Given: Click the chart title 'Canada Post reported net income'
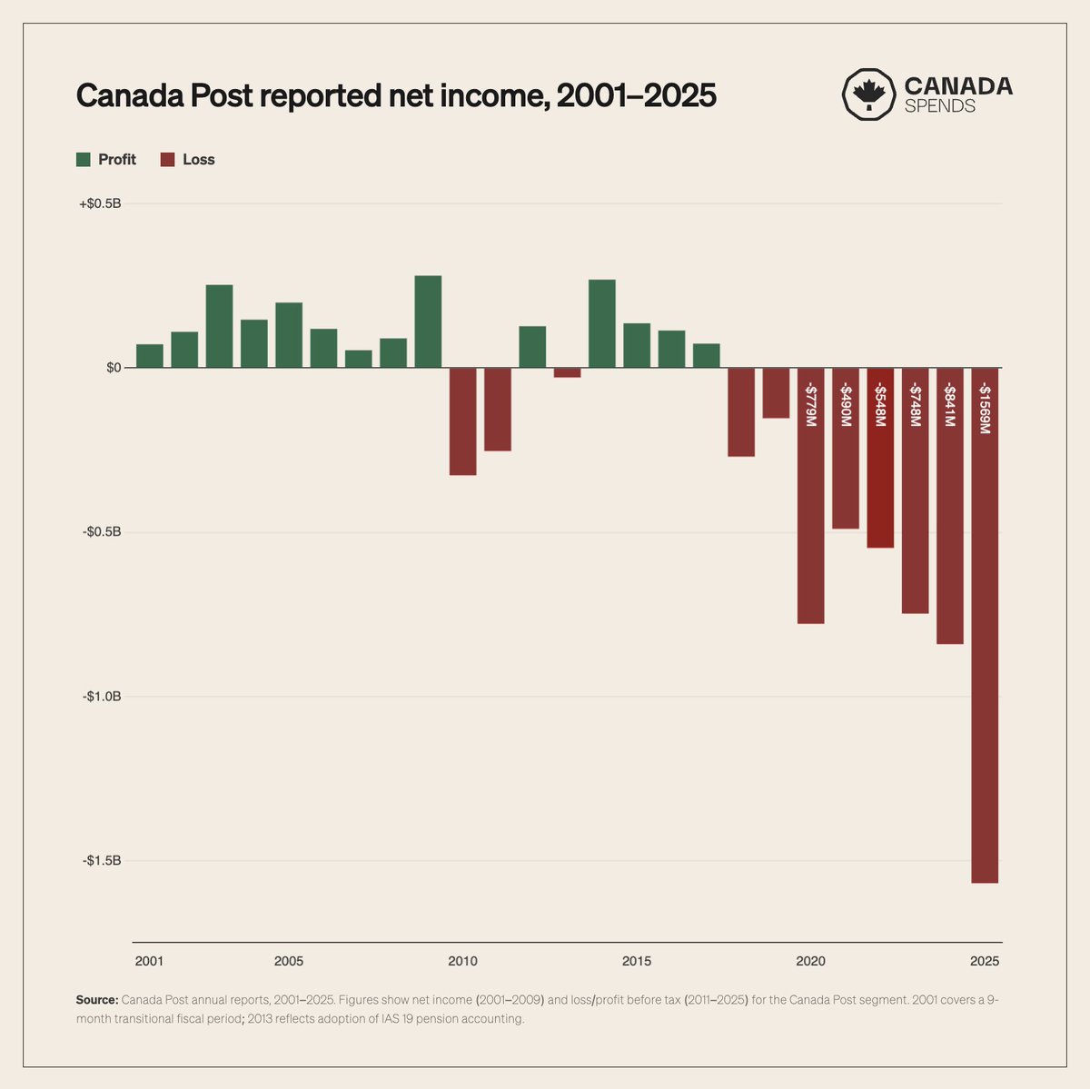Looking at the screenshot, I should click(x=396, y=95).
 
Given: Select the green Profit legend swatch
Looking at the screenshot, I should click(x=84, y=160).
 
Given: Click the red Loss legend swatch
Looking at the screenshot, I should click(x=167, y=160).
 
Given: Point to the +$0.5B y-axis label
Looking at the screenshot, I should click(x=100, y=203).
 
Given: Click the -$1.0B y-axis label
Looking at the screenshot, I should click(x=101, y=697).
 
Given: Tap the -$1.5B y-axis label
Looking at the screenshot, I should click(x=101, y=861).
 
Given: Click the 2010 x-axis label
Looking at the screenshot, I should click(x=462, y=961).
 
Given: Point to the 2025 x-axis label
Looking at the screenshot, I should click(x=985, y=961).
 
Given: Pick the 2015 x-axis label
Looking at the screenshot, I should click(x=637, y=961).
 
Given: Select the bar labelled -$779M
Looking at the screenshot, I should click(x=810, y=527).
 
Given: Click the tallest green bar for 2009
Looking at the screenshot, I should click(x=428, y=322).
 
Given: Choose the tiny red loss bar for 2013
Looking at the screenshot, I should click(x=567, y=372).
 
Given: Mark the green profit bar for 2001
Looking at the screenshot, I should click(x=150, y=356).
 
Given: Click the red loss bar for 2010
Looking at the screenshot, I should click(x=462, y=421).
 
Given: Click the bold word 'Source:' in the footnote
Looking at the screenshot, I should click(x=97, y=1000).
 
